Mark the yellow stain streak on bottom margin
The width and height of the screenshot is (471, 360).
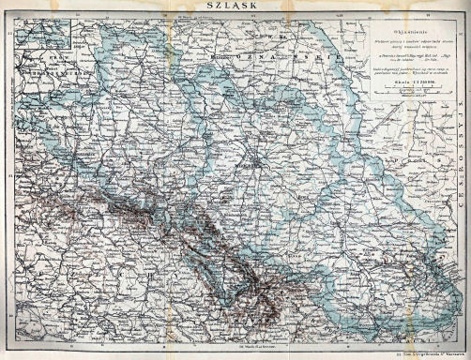(x=141, y=353)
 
